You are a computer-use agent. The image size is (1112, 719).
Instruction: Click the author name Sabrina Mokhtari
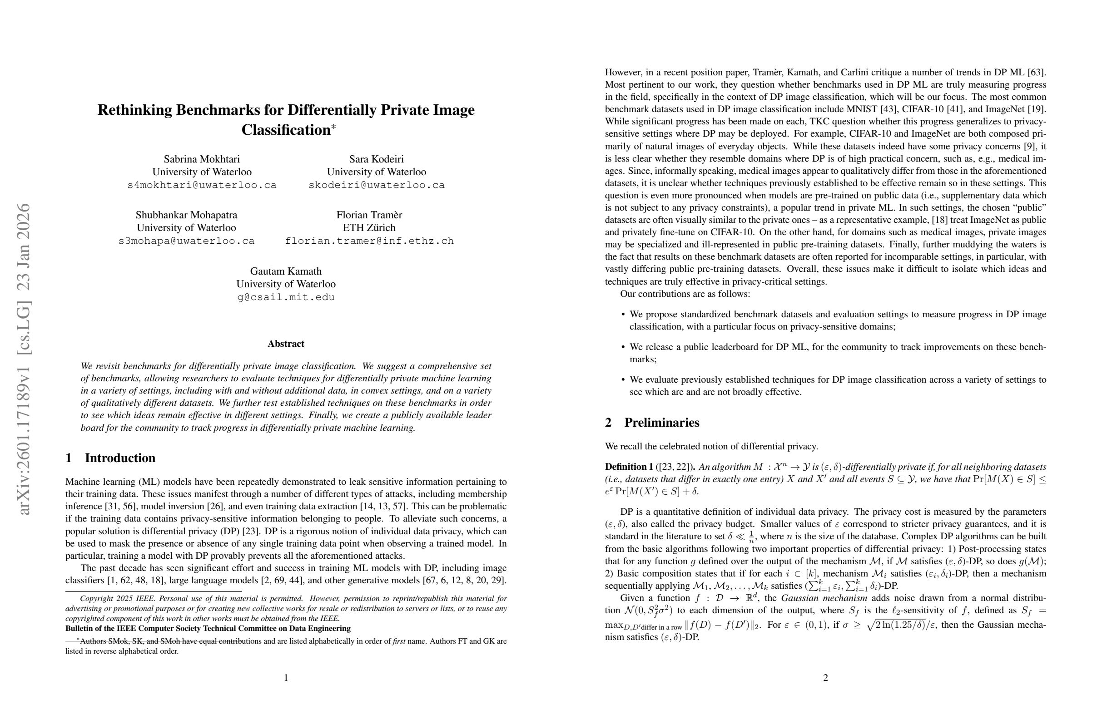201,159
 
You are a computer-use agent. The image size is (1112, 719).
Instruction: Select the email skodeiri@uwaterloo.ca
376,185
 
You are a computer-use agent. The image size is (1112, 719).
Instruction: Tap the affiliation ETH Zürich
369,228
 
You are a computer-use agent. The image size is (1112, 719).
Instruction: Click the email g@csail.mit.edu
285,297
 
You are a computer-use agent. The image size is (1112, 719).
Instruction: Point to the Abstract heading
285,344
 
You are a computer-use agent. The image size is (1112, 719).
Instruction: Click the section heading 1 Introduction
110,458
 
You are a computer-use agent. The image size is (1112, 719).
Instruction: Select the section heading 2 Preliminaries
652,423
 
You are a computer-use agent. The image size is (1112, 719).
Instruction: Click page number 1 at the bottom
286,678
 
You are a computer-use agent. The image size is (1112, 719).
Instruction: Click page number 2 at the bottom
825,678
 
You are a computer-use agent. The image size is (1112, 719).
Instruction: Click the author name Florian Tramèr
369,215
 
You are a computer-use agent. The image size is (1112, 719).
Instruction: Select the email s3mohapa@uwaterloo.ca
186,241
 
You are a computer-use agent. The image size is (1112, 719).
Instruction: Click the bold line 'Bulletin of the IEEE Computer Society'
208,628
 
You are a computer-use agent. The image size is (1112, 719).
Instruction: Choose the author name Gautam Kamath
285,271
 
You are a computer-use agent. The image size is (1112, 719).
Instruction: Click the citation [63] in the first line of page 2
1036,72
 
